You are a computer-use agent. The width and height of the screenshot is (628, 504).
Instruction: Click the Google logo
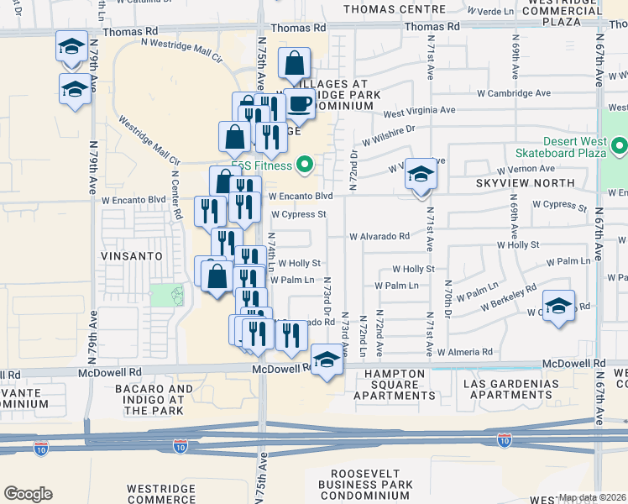pyautogui.click(x=28, y=494)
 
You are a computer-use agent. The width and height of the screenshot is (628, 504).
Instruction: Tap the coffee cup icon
pyautogui.click(x=300, y=104)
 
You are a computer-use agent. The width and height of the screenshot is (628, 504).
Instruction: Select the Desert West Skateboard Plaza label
pyautogui.click(x=574, y=147)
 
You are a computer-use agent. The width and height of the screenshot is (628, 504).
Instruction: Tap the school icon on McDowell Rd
pyautogui.click(x=327, y=360)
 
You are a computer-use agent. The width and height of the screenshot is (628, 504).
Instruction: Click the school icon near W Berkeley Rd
pyautogui.click(x=558, y=307)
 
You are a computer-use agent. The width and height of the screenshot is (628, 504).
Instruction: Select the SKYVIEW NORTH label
pyautogui.click(x=525, y=182)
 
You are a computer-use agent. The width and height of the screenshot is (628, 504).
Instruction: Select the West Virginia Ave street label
pyautogui.click(x=419, y=111)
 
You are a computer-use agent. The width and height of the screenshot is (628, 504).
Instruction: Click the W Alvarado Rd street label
pyautogui.click(x=379, y=237)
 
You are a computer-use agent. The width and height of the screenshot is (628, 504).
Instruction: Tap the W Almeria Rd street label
pyautogui.click(x=464, y=352)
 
